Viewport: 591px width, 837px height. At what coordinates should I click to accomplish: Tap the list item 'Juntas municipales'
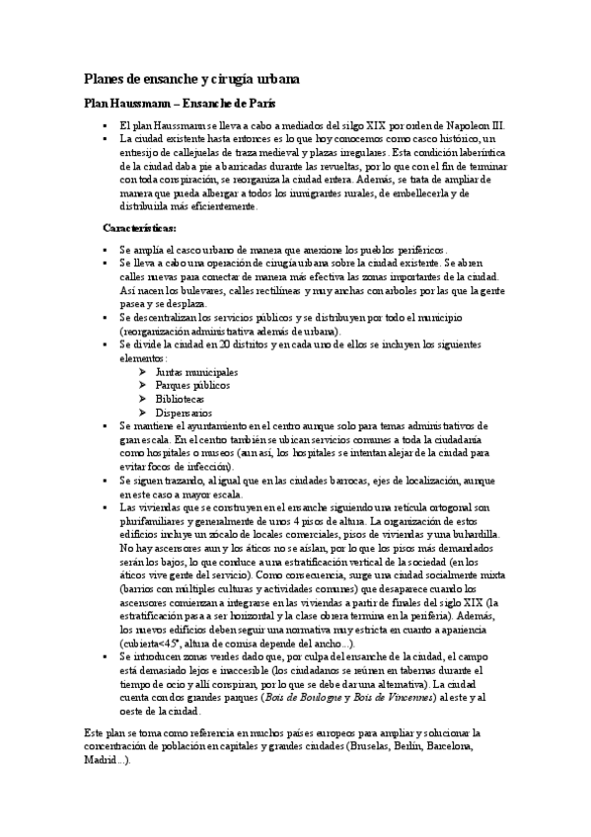coord(196,371)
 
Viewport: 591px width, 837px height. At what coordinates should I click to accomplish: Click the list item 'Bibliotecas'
coord(181,399)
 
